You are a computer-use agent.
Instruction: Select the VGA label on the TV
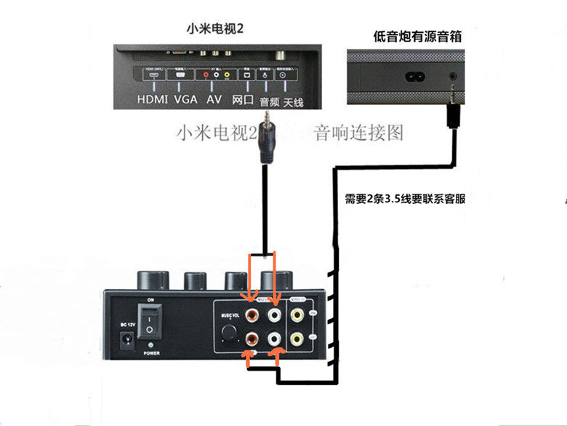[x=186, y=99]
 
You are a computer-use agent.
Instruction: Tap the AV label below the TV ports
[x=214, y=99]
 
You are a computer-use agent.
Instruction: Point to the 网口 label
[x=242, y=99]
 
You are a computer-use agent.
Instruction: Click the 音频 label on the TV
[x=269, y=101]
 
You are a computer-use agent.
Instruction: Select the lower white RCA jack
[x=275, y=339]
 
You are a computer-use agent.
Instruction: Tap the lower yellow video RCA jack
[x=298, y=339]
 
